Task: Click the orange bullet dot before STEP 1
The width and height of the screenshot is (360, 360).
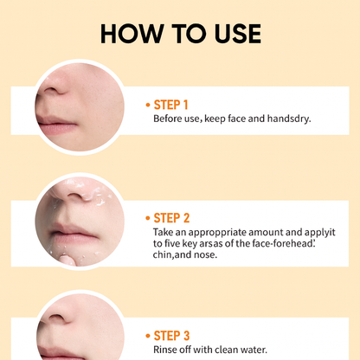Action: [x=148, y=105]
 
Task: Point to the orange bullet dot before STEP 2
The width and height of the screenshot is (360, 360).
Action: [x=148, y=218]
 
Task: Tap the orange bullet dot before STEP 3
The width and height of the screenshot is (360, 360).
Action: [x=148, y=335]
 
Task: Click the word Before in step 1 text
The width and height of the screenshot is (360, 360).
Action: [x=169, y=119]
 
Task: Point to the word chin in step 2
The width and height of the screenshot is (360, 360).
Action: [x=164, y=257]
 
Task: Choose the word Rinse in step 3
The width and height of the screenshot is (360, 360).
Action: [x=167, y=350]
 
